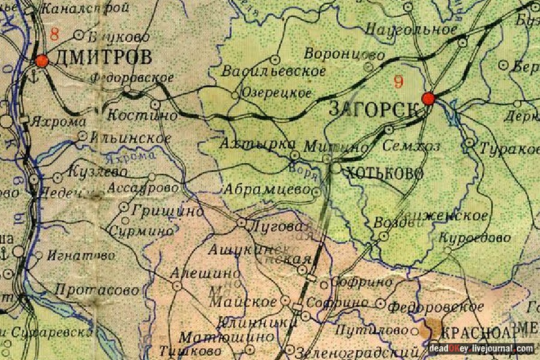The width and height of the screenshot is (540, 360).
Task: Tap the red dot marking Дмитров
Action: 42,61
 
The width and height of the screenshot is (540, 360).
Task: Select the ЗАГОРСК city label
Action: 373,109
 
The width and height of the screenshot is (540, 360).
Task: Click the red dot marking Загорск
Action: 428,98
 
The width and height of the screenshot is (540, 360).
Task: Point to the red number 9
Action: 399,82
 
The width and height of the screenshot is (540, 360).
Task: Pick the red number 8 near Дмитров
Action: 55,34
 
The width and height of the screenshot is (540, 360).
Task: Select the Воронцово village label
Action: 344,54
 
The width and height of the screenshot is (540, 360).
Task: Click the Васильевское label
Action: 274,71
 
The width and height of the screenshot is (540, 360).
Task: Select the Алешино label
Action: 197,272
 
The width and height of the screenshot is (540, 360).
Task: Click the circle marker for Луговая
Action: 241,223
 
